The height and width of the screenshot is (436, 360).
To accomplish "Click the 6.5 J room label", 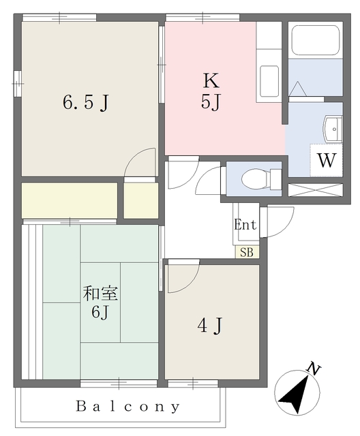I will pos(86,103).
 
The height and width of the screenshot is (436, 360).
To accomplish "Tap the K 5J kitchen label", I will pos(211,92).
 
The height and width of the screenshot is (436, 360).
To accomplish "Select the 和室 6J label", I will pos(101,304).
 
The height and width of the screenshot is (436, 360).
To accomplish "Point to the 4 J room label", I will pos(211,326).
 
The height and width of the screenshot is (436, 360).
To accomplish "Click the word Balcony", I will pos(129,407).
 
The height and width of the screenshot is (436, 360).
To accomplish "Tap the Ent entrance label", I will pos(245,225).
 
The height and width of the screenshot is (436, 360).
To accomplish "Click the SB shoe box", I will pos(247,252).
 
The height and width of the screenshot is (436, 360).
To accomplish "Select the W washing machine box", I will pos(327,161).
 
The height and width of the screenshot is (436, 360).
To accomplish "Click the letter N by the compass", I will pos(314,370).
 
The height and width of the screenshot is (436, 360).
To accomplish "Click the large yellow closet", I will pos(70,200).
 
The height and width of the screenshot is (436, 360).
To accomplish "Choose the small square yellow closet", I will pos(141,200).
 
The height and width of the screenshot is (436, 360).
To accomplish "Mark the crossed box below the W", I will pos(315,189).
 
